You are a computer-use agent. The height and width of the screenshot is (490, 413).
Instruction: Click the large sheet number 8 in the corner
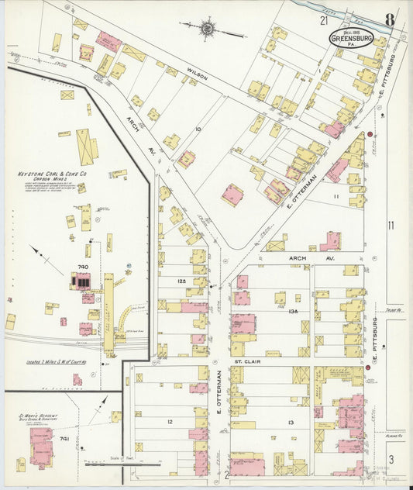pyautogui.click(x=390, y=19)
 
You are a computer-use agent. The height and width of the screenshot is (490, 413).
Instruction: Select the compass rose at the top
pyautogui.click(x=207, y=29)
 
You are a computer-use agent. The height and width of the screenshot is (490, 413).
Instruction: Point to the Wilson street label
pyautogui.click(x=197, y=75)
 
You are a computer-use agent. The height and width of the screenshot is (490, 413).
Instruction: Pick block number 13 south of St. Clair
pyautogui.click(x=289, y=422)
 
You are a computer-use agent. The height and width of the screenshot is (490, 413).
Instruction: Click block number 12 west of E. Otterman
pyautogui.click(x=169, y=422)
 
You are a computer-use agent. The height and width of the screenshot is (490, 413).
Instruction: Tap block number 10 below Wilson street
pyautogui.click(x=198, y=129)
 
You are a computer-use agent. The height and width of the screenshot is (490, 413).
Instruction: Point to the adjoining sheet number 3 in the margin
pyautogui.click(x=391, y=460)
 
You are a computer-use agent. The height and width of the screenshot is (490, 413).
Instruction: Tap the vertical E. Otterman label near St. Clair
pyautogui.click(x=219, y=391)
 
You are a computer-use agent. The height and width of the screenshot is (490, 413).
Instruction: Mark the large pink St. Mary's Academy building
pyautogui.click(x=40, y=446)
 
